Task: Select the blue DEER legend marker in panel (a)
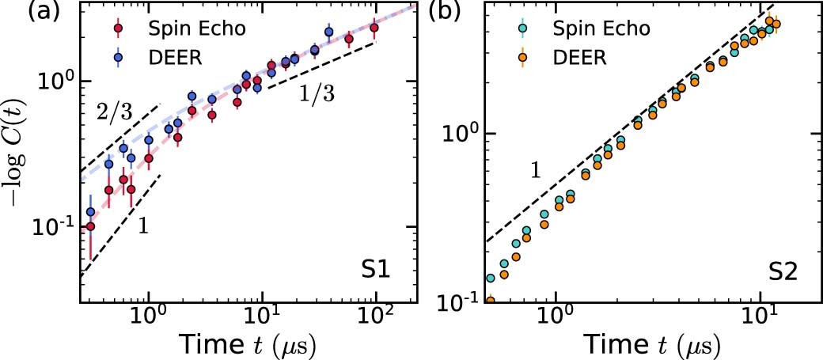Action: pos(119,57)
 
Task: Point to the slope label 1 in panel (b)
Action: pos(535,171)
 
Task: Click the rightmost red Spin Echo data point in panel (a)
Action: pos(374,28)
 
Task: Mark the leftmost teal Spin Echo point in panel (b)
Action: pos(491,279)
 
